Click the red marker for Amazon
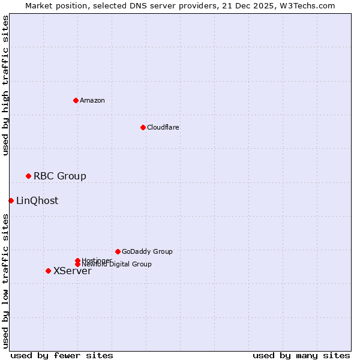(76, 100)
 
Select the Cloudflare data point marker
(143, 127)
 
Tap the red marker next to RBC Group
(28, 176)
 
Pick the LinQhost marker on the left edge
(11, 200)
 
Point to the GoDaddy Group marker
(118, 251)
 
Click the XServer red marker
(48, 271)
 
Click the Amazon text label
(92, 100)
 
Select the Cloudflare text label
(163, 127)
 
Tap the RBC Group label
(60, 176)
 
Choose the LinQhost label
(37, 200)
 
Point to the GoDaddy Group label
(147, 251)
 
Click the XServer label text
(73, 271)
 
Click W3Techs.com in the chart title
(310, 5)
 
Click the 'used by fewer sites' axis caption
(62, 355)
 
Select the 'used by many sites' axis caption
(301, 355)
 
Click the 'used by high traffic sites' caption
(5, 85)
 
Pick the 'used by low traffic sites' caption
(5, 281)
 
